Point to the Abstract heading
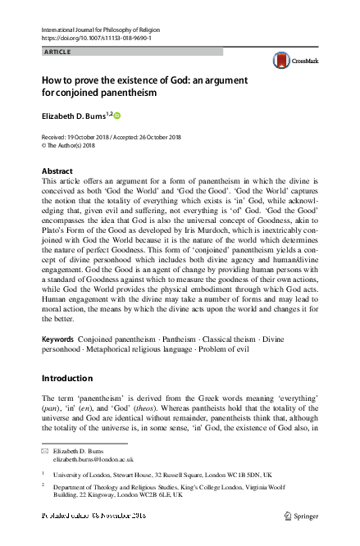(x=57, y=171)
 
